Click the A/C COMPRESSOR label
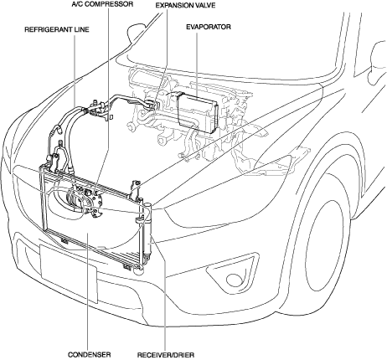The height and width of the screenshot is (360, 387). tap(102, 4)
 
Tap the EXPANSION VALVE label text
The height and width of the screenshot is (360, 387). tap(185, 5)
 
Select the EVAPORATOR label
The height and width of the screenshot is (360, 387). tap(209, 27)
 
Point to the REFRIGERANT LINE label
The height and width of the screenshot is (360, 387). tap(57, 29)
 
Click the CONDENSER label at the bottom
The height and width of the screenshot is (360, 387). tap(89, 355)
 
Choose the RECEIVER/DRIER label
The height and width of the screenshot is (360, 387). tap(166, 355)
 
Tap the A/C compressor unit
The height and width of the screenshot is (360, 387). tap(85, 200)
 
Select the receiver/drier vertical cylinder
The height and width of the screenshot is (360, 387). tap(147, 232)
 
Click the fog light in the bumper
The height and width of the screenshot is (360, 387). tap(233, 279)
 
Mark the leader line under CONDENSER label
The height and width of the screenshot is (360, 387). tap(88, 291)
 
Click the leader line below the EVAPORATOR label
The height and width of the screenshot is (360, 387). tap(197, 64)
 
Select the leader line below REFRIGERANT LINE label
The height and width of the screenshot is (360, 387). tap(75, 70)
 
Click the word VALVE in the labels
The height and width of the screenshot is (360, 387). tap(205, 5)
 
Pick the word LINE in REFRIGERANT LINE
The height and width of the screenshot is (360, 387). tap(82, 29)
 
